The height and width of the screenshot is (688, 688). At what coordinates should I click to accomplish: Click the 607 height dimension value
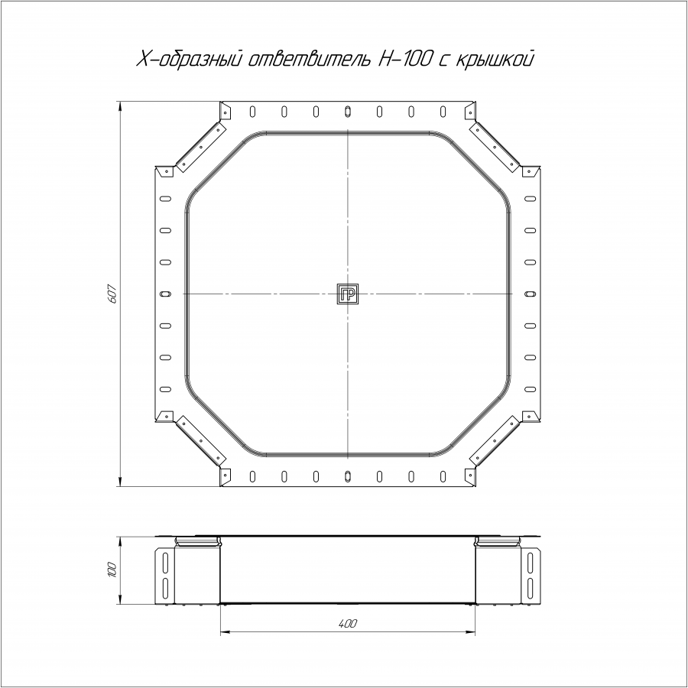[x=112, y=294]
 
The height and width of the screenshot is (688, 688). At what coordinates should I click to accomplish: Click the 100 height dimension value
[x=112, y=570]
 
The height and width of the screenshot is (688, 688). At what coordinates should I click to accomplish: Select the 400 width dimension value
[x=348, y=624]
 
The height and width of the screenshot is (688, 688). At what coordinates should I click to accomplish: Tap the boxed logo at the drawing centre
[x=348, y=294]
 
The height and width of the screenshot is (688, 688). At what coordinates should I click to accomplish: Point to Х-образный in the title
[x=190, y=59]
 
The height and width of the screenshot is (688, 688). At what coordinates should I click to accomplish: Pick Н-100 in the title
[x=404, y=59]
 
